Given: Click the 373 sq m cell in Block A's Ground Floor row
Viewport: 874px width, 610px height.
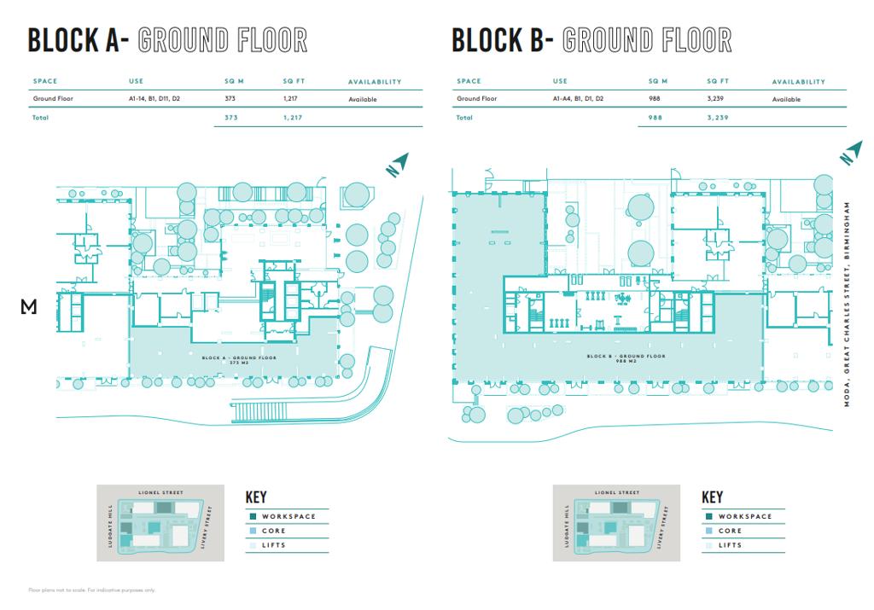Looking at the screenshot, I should tap(229, 99).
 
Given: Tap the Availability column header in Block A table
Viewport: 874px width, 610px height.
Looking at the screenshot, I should tap(374, 82).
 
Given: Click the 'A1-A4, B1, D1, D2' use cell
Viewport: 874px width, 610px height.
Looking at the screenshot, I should tap(577, 99).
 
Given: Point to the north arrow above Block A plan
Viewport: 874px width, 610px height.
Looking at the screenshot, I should tap(396, 165).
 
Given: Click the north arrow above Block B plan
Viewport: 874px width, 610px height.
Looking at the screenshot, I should tap(850, 154).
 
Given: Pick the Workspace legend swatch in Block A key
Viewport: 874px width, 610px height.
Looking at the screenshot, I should tap(252, 517).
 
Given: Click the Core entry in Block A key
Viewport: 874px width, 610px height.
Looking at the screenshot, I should tap(274, 531).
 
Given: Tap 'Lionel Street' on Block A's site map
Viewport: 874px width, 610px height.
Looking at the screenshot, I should tap(160, 492).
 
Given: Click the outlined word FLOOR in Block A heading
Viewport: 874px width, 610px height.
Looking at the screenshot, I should tap(268, 40).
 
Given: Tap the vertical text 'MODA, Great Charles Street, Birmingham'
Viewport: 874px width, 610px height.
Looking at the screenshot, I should tap(848, 304).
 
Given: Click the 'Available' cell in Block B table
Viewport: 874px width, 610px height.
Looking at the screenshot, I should tap(786, 99).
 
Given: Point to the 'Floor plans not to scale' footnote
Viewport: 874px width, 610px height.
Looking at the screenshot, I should tap(92, 590).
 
